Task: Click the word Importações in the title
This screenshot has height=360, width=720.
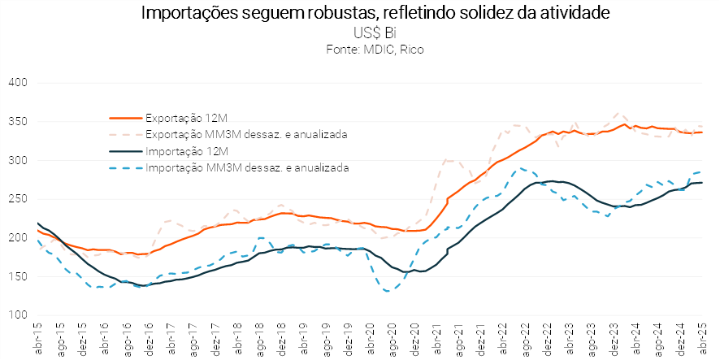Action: (x=184, y=14)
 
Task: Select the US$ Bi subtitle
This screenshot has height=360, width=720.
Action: (x=375, y=34)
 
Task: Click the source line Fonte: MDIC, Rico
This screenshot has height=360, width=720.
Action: (x=375, y=50)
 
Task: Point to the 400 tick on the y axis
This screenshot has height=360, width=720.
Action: (x=19, y=83)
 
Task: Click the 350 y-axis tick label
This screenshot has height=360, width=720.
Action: (x=19, y=122)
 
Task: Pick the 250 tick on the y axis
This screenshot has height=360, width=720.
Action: (x=19, y=199)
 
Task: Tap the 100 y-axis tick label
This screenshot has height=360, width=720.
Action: (x=19, y=315)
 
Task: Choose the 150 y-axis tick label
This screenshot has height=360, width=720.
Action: (x=19, y=276)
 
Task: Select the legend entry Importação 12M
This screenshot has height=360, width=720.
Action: (x=180, y=151)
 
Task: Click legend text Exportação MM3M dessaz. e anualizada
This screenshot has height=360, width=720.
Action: (x=246, y=133)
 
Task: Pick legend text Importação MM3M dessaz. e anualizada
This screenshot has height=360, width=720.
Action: (x=247, y=168)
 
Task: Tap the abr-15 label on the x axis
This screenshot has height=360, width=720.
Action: (x=38, y=340)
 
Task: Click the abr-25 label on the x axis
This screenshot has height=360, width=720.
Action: (x=703, y=340)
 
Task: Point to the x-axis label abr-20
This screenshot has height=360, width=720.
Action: (x=371, y=340)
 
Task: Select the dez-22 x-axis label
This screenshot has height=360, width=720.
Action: (x=548, y=340)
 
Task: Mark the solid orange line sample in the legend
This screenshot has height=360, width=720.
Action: (x=125, y=116)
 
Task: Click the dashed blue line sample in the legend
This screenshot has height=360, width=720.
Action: (x=125, y=168)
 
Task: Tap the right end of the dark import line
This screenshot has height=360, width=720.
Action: (x=702, y=183)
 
